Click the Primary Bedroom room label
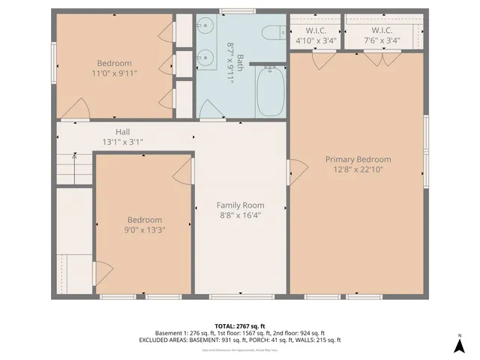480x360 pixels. tap(358, 159)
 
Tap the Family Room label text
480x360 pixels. tap(240, 205)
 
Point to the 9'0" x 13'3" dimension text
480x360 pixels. tap(145, 230)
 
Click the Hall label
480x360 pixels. tap(123, 131)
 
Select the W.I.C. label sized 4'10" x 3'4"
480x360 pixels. tap(315, 31)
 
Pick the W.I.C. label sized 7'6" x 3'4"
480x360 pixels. tap(382, 31)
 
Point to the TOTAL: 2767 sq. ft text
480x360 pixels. tap(239, 325)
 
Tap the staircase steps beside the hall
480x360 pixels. tap(73, 166)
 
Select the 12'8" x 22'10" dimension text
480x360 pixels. tap(358, 169)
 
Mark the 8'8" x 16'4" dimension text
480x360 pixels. tap(240, 215)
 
